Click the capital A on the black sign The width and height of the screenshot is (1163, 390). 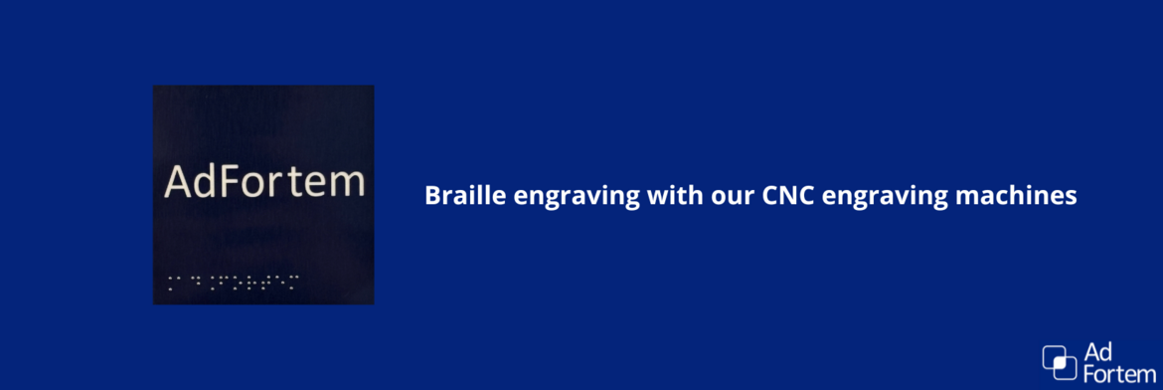pyautogui.click(x=177, y=183)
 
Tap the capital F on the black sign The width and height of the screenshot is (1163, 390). pyautogui.click(x=228, y=183)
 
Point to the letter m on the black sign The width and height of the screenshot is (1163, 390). pyautogui.click(x=346, y=185)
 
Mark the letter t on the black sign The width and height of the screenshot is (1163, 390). pyautogui.click(x=293, y=184)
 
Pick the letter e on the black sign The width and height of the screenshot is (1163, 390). pyautogui.click(x=313, y=185)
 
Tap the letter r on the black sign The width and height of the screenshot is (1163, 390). pyautogui.click(x=275, y=185)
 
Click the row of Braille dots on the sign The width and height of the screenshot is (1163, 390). pyautogui.click(x=232, y=282)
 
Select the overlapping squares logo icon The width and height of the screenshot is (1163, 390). pyautogui.click(x=1059, y=362)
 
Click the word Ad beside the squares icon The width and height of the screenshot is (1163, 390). pyautogui.click(x=1097, y=353)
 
